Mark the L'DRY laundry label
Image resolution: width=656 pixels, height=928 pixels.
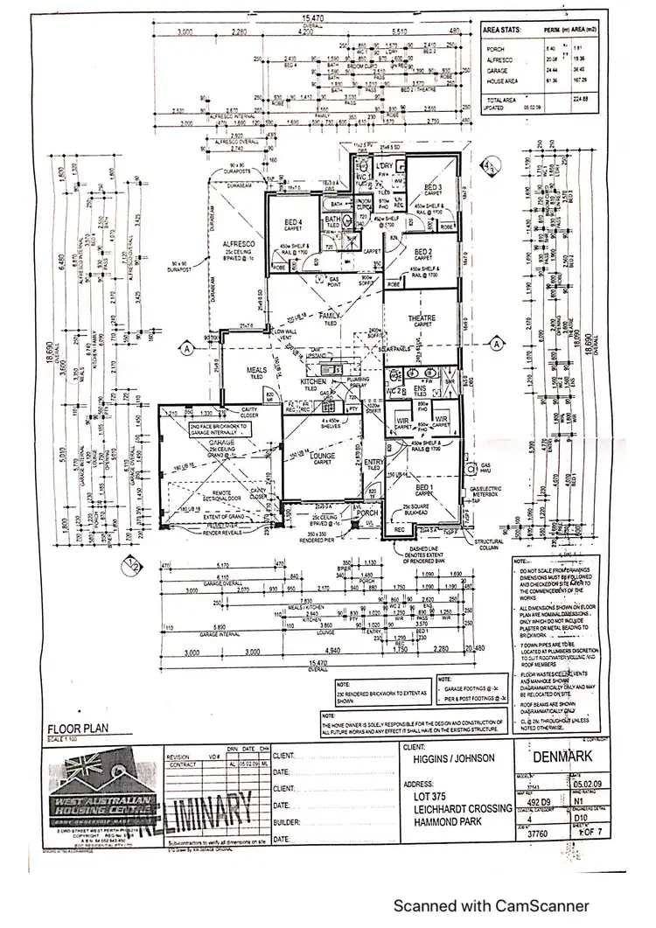point(382,166)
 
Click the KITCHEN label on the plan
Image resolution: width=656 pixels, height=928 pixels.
point(313,382)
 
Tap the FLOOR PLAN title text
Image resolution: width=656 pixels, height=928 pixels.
point(75,727)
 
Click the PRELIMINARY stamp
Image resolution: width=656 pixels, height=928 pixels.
point(200,809)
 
